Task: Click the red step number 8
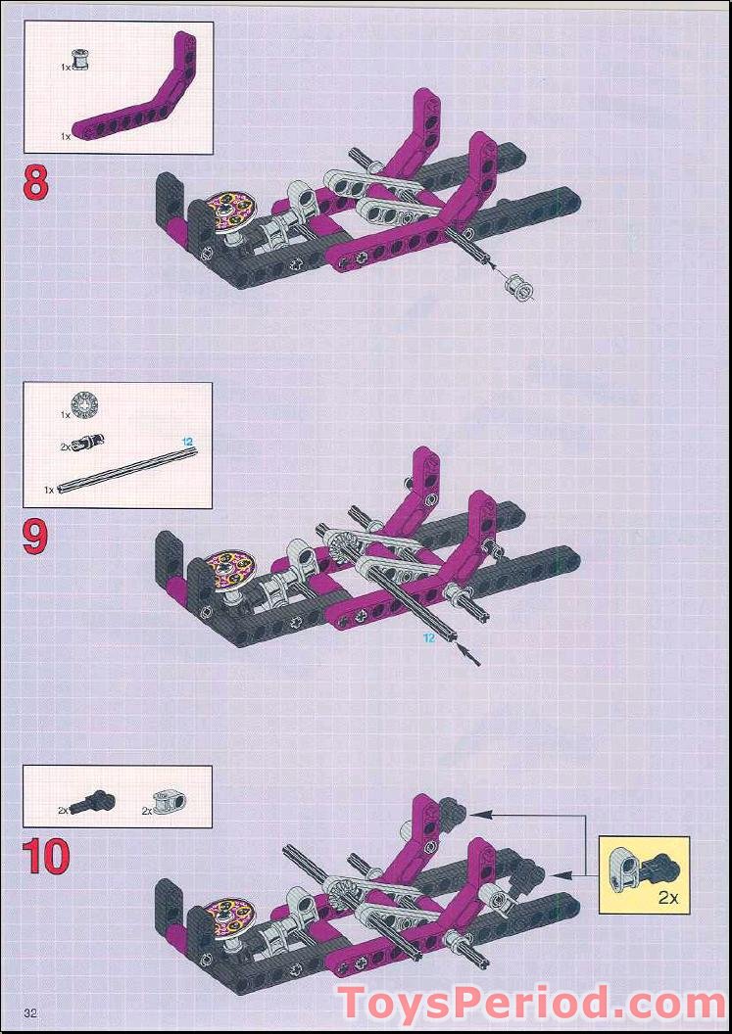click(35, 184)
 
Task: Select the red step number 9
click(35, 538)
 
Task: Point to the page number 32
click(30, 1012)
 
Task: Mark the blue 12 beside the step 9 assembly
click(428, 638)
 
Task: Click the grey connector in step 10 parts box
click(171, 804)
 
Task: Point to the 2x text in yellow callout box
click(668, 897)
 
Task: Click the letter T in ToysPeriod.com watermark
click(353, 1006)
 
